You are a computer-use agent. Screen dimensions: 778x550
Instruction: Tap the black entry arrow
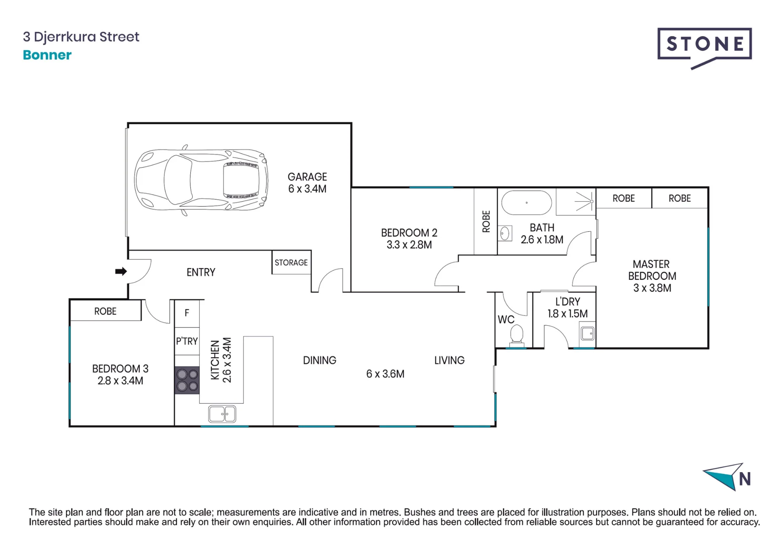pos(121,271)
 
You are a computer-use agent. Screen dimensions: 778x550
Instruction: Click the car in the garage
pos(201,180)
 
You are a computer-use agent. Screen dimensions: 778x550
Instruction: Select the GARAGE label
pos(307,177)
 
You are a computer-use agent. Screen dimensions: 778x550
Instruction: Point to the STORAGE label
pos(291,263)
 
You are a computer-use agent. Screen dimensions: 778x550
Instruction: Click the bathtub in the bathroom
pos(526,203)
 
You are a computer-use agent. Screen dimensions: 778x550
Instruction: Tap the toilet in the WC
pos(517,335)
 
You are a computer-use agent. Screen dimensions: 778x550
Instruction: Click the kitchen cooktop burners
pos(187,380)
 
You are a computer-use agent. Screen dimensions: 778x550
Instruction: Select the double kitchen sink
pos(222,414)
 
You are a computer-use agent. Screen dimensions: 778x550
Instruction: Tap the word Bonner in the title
pos(47,55)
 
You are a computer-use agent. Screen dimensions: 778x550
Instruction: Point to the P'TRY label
pos(187,341)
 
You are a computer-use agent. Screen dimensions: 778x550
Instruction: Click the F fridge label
pos(187,313)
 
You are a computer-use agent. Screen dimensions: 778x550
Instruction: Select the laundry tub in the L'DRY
pos(587,334)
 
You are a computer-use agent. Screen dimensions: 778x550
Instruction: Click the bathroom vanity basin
pos(505,234)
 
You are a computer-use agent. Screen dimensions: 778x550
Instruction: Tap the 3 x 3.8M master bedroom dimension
pos(652,288)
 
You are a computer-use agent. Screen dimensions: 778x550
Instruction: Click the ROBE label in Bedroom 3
pos(105,311)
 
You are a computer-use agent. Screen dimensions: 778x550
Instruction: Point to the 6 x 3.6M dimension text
pos(385,374)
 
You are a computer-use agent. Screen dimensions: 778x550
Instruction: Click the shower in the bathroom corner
pos(576,202)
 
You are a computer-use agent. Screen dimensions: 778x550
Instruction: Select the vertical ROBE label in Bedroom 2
pos(486,221)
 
